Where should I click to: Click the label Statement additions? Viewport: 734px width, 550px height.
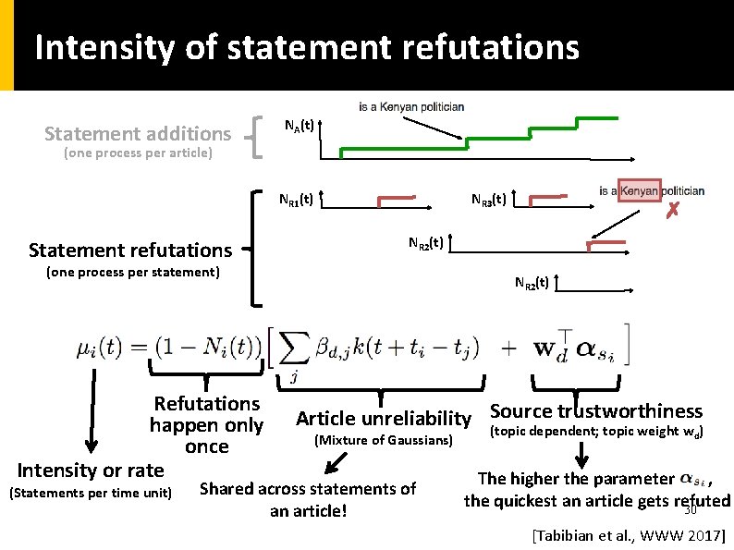pyautogui.click(x=138, y=134)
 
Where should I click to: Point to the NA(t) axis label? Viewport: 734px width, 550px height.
pyautogui.click(x=298, y=126)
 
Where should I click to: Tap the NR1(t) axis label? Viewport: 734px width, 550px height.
pyautogui.click(x=297, y=199)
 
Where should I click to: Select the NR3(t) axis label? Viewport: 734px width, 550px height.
pyautogui.click(x=487, y=199)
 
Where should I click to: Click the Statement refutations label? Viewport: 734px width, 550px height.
pyautogui.click(x=130, y=250)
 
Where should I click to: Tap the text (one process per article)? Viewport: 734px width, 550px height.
pyautogui.click(x=138, y=153)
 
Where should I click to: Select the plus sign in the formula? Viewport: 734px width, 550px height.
pyautogui.click(x=509, y=348)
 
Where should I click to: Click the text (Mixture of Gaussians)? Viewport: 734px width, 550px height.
pyautogui.click(x=384, y=441)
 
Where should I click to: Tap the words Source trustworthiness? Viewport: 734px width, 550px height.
pyautogui.click(x=596, y=411)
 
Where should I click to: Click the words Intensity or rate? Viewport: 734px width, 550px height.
pyautogui.click(x=91, y=470)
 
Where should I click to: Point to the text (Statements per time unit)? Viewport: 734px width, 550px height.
pyautogui.click(x=90, y=492)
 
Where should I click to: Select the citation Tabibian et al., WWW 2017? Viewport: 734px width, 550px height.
pyautogui.click(x=629, y=534)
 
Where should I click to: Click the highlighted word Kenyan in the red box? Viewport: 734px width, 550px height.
pyautogui.click(x=639, y=190)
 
